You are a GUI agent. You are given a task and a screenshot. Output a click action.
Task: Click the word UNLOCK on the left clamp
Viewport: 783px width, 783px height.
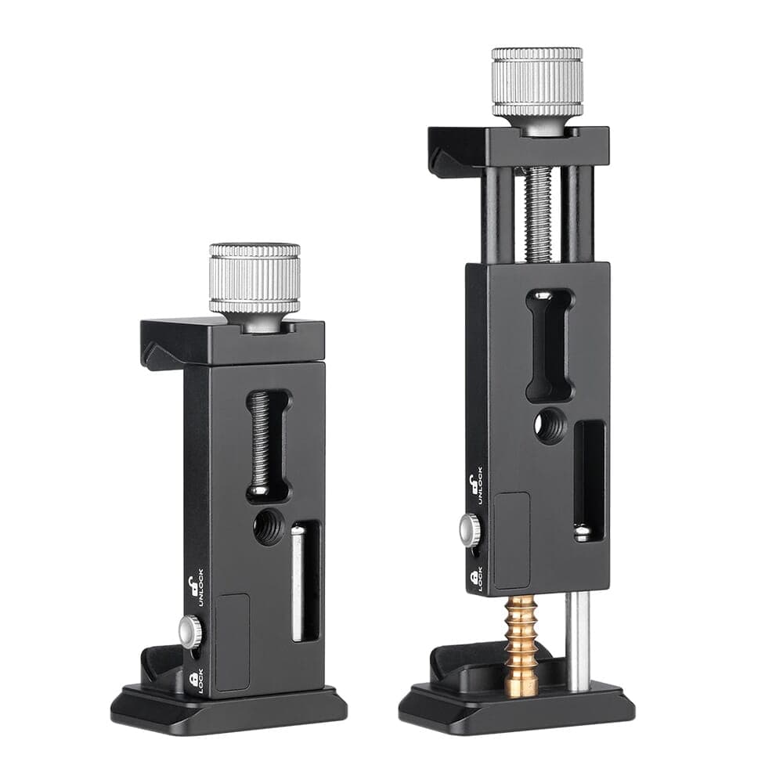click(x=200, y=587)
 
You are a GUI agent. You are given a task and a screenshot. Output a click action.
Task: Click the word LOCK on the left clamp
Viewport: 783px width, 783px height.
click(x=200, y=681)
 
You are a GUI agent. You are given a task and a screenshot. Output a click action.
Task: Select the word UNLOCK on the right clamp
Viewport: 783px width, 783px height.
click(x=479, y=485)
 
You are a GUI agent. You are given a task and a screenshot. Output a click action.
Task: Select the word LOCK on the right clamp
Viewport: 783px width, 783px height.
click(x=479, y=579)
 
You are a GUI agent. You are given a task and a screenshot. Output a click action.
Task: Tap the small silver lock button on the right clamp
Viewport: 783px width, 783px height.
click(x=469, y=529)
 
